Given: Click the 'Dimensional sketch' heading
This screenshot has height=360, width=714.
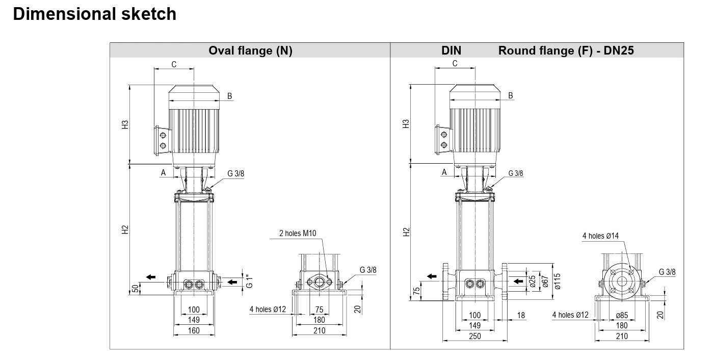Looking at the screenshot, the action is (x=94, y=14).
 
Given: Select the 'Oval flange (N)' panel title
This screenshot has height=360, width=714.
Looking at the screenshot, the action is (x=250, y=50).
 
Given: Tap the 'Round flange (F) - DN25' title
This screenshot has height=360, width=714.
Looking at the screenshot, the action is (x=566, y=50).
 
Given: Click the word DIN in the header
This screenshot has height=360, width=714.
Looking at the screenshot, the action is (x=451, y=50).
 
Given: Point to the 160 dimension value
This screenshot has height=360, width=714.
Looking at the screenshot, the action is (x=194, y=330).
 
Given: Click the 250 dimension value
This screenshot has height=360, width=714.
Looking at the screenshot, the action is (x=475, y=336).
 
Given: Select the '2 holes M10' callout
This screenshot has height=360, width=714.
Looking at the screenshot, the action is (x=298, y=233).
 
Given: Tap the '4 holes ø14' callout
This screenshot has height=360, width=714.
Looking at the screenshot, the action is (x=600, y=236).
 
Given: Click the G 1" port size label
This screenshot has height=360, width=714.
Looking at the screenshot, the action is (x=249, y=280).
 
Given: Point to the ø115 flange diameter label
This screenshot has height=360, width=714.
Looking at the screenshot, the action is (x=558, y=281).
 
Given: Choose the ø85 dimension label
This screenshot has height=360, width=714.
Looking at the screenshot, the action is (x=622, y=315).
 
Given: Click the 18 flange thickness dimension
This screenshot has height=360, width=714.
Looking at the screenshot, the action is (x=521, y=315).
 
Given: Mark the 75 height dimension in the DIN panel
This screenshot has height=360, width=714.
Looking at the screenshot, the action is (x=416, y=292).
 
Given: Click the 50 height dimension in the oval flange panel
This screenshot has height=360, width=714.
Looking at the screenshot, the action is (x=135, y=288).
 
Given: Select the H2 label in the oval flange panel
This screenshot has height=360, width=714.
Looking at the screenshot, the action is (x=125, y=229).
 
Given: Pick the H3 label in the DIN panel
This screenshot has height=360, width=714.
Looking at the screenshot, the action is (x=406, y=124).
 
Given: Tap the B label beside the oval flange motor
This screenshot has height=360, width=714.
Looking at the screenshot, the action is (x=229, y=96).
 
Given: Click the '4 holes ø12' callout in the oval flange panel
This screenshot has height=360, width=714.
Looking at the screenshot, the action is (x=268, y=310).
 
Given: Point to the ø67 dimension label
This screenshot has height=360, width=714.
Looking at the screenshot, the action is (x=545, y=281).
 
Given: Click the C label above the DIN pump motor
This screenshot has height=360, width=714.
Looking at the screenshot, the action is (x=455, y=63).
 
